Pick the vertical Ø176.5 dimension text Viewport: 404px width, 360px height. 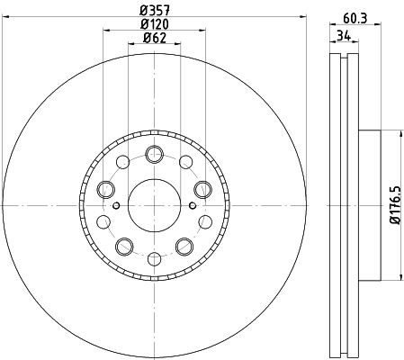pyautogui.click(x=393, y=206)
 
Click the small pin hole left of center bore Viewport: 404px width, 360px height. pyautogui.click(x=118, y=206)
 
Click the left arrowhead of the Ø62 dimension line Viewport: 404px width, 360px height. pyautogui.click(x=130, y=51)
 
